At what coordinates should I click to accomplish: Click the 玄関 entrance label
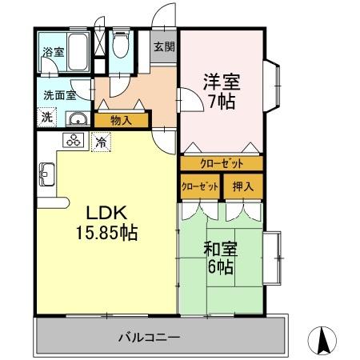point(164,47)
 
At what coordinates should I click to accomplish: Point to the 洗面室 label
point(59,94)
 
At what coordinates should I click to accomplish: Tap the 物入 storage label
point(121,121)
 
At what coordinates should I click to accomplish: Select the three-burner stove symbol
point(74,142)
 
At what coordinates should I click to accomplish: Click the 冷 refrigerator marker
point(102,142)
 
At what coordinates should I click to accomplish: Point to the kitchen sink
point(46,172)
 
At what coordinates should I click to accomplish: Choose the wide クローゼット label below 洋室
point(221,163)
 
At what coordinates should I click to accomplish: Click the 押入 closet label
point(242,186)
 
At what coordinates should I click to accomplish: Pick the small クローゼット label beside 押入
point(200,186)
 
